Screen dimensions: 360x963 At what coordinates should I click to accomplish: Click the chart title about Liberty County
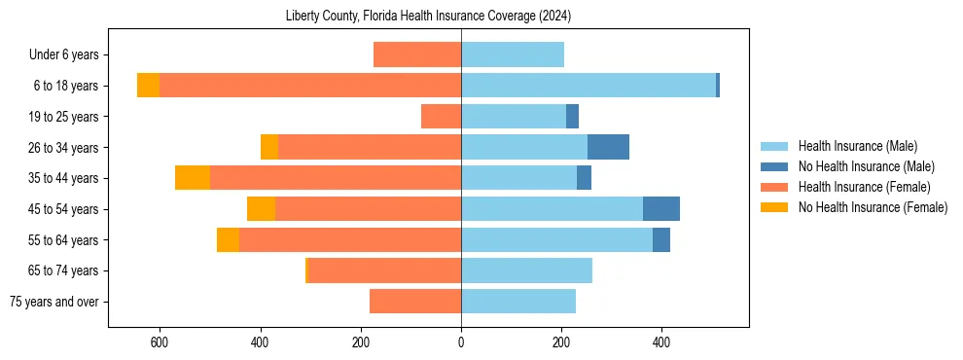tap(429, 17)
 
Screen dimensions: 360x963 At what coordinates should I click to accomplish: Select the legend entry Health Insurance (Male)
tap(857, 146)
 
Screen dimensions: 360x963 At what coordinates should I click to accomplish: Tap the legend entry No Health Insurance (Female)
tap(873, 207)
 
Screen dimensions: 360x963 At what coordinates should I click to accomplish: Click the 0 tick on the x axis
tap(461, 342)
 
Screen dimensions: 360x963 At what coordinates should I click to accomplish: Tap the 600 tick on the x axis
tap(160, 342)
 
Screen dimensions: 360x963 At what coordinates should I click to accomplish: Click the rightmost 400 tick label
tap(661, 342)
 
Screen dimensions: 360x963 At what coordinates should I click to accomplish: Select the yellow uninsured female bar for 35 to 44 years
tap(193, 178)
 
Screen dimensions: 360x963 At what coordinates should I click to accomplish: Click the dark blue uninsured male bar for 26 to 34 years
tap(608, 147)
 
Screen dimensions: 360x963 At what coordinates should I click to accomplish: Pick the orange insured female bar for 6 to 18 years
tap(310, 86)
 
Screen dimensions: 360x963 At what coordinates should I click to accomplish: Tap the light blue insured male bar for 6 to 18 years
tap(588, 86)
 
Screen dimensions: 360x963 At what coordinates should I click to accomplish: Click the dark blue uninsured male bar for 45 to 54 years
tap(661, 209)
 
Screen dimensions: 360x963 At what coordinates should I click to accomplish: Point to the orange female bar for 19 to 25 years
tap(441, 117)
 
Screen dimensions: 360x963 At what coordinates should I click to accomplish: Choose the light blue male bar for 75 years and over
tap(518, 302)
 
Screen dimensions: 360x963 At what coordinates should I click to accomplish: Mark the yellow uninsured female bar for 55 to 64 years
tap(228, 240)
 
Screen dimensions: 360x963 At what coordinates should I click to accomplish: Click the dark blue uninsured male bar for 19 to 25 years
tap(573, 117)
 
